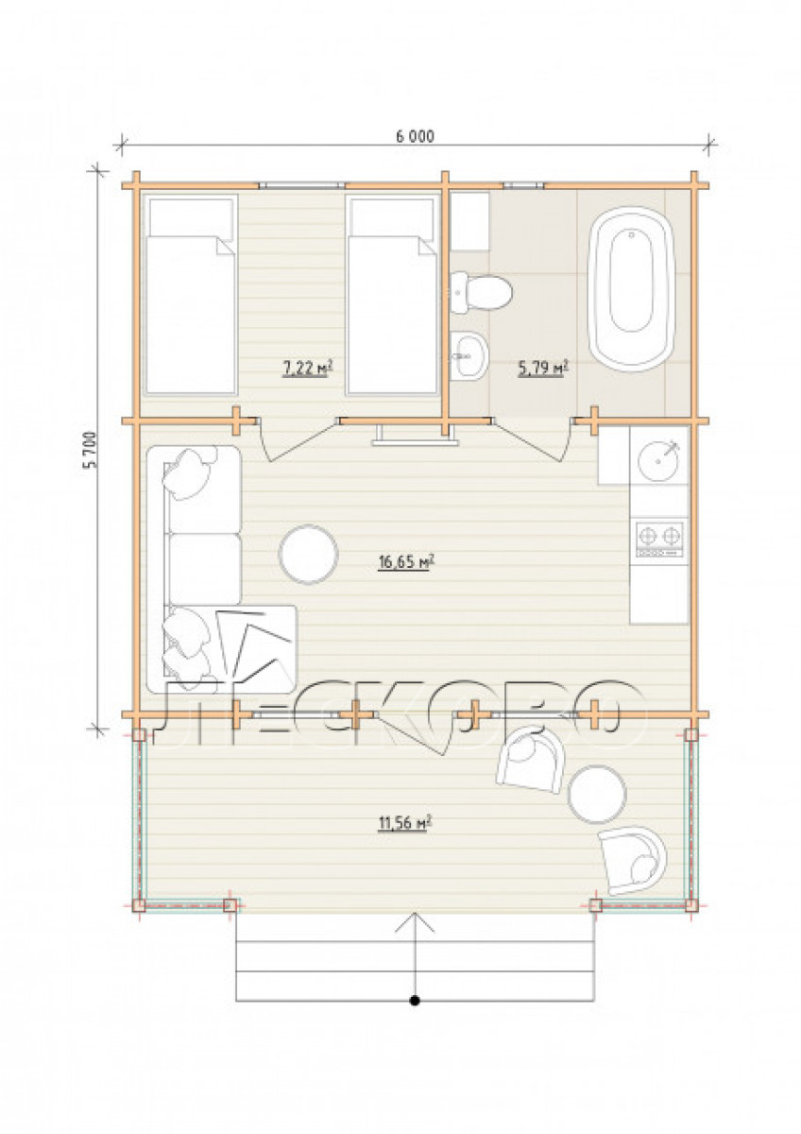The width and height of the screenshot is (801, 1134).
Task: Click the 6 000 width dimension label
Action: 415,137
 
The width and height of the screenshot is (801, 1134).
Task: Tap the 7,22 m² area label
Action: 307,369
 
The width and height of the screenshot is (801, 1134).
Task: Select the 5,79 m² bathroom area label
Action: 543,368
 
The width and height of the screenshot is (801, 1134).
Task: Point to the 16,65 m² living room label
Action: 407,562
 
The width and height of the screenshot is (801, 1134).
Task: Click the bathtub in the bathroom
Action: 631,289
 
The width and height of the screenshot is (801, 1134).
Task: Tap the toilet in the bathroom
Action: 482,292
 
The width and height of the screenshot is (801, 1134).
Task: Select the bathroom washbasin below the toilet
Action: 469,355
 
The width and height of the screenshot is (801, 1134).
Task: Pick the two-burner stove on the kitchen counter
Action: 658,540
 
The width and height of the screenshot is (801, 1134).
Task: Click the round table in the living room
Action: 308,555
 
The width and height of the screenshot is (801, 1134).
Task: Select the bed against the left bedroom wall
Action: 191,294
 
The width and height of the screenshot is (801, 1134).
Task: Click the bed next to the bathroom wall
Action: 392,294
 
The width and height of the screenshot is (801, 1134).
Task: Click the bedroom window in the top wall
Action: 304,185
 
